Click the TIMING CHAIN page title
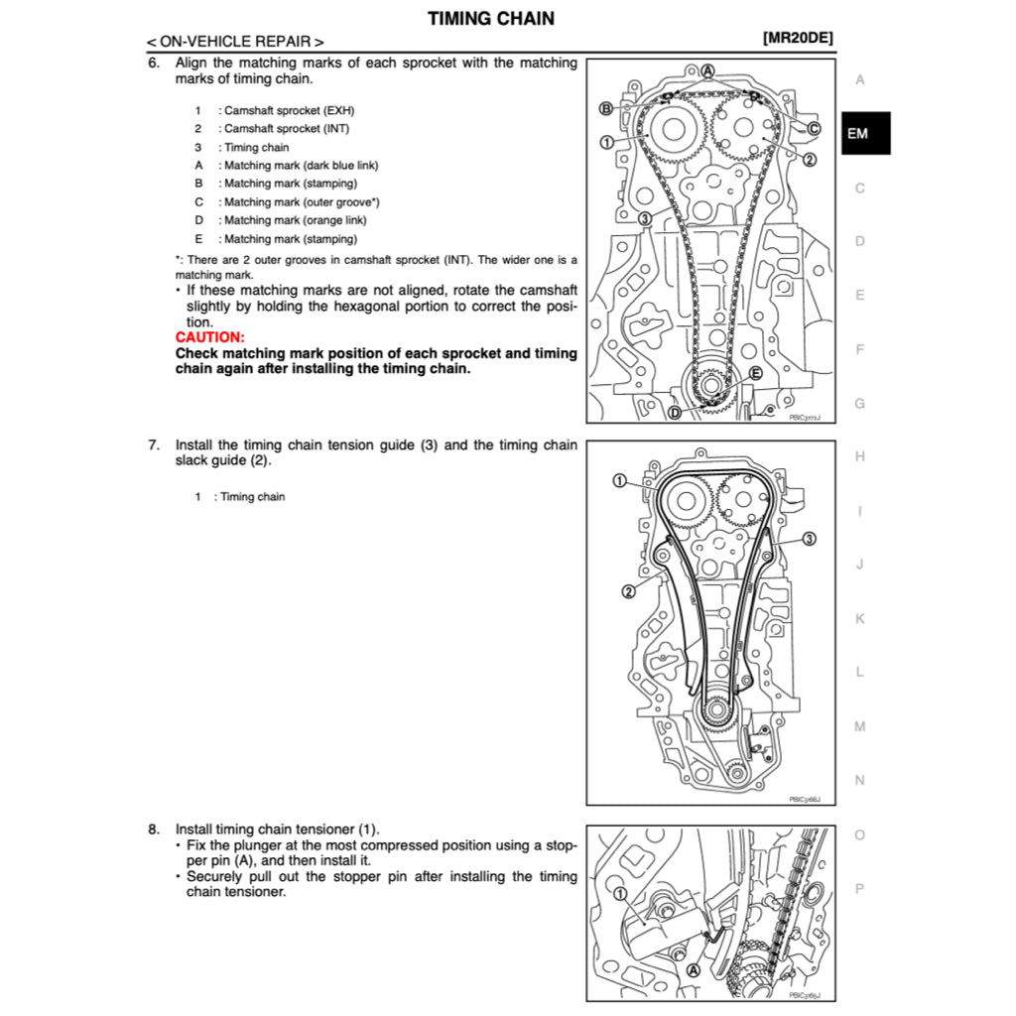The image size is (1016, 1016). coord(491,18)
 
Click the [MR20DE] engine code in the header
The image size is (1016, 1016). coord(798,39)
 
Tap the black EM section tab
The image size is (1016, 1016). coord(859,133)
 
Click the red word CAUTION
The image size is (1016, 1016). coord(209,337)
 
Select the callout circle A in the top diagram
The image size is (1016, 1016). coord(708,70)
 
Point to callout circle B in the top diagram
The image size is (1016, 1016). coord(605,108)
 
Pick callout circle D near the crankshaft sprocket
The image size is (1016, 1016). coord(675,413)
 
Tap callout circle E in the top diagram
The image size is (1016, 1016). coord(755,373)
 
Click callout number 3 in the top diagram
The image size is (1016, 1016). coord(644,218)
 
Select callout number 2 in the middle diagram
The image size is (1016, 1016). coord(628,592)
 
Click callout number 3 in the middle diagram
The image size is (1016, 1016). coord(809,539)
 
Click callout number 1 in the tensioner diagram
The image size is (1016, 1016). coord(620,894)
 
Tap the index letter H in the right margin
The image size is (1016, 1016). coord(859,456)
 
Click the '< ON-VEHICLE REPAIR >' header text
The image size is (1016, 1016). coord(235,42)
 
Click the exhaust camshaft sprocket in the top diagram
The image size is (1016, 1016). coord(674,130)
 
